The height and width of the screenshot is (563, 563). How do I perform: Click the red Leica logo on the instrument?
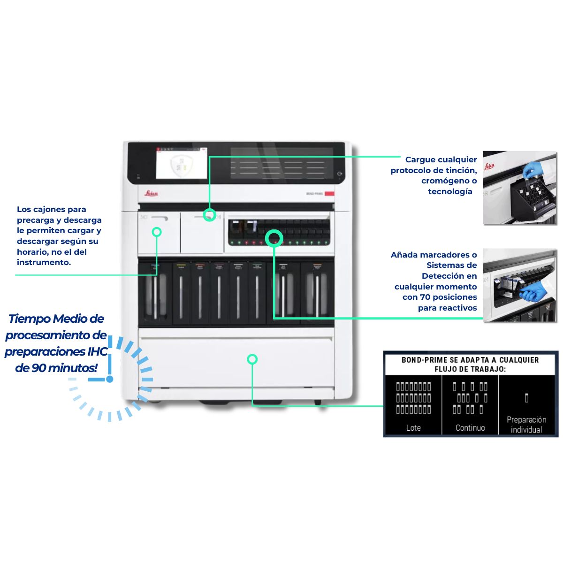pos(151,193)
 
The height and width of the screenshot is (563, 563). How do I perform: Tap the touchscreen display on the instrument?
pos(182,163)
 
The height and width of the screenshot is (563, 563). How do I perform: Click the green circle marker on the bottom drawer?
pos(252,359)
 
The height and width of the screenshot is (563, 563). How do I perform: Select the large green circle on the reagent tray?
pos(274,238)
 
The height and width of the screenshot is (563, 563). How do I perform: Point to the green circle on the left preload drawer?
pos(157,232)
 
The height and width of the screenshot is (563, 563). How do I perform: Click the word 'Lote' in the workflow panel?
pos(413,428)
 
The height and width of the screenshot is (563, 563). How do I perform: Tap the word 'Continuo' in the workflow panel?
pos(470,428)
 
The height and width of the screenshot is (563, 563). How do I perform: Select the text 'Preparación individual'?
pos(526,425)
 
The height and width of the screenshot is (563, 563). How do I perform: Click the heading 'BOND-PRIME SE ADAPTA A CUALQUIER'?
pos(470,360)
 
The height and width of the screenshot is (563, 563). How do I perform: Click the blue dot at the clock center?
pos(110,379)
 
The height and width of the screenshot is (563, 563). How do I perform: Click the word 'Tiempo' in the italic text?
pos(29,319)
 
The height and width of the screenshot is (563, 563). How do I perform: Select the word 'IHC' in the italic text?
pos(98,351)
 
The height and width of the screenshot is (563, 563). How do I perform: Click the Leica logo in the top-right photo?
pos(489,166)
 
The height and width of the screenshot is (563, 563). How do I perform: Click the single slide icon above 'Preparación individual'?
pos(526,398)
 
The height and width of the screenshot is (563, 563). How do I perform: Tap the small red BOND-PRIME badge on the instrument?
pos(329,194)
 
